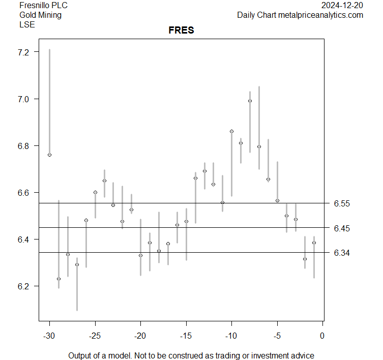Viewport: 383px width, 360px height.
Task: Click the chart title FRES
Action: [181, 31]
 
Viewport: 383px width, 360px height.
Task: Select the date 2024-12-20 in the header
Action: [342, 6]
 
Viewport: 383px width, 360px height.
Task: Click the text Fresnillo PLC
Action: [43, 6]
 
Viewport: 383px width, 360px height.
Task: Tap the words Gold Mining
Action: [40, 15]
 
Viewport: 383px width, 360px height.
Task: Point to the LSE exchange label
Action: [27, 24]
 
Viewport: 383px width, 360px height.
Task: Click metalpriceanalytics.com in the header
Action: [320, 15]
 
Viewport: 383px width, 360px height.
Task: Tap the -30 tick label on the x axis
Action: [49, 336]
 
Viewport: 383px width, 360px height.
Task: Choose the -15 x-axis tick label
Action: [186, 336]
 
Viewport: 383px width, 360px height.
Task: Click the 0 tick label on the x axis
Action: [322, 336]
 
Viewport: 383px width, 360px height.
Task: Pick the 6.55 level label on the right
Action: [342, 203]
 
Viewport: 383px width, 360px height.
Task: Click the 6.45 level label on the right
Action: [342, 228]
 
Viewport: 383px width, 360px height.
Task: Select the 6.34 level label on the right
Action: [342, 253]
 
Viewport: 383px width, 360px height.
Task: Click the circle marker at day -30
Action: [49, 155]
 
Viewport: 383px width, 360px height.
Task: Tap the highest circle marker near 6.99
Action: [250, 101]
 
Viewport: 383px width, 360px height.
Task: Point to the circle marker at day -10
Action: [231, 131]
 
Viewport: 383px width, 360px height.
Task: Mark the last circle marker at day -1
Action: [314, 243]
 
